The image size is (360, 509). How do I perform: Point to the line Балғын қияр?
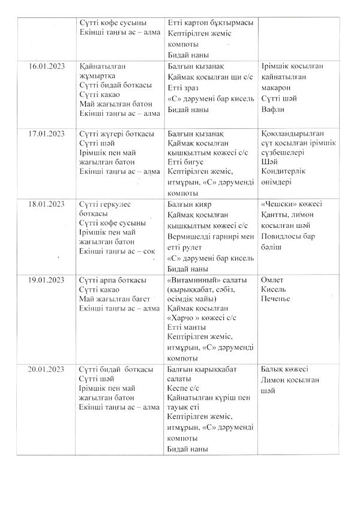tap(188, 204)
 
